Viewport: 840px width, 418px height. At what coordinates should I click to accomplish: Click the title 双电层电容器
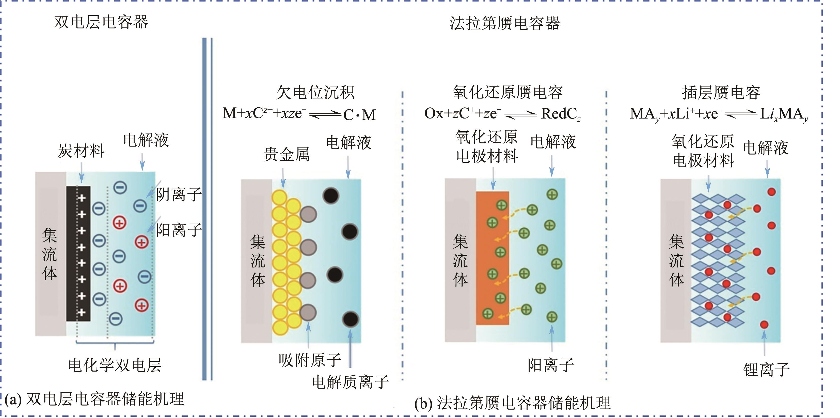[x=101, y=22]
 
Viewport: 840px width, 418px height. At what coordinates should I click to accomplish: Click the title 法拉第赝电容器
[x=504, y=23]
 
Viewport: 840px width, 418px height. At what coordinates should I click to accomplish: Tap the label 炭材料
[x=81, y=151]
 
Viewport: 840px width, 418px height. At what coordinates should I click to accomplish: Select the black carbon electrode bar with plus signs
[x=78, y=254]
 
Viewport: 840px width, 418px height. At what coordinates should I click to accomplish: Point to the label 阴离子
[x=179, y=194]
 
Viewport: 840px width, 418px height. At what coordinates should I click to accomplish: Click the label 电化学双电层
[x=115, y=365]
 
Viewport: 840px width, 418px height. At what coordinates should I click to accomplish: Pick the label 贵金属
[x=286, y=154]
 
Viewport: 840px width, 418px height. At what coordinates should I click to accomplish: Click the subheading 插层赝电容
[x=721, y=93]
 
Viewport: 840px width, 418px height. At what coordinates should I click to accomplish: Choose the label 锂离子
[x=766, y=370]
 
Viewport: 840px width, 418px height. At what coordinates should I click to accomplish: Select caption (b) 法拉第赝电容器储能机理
[x=512, y=403]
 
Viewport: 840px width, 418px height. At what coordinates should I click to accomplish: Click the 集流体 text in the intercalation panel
[x=676, y=261]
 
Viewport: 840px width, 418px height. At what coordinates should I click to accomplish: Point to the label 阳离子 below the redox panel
[x=551, y=365]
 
